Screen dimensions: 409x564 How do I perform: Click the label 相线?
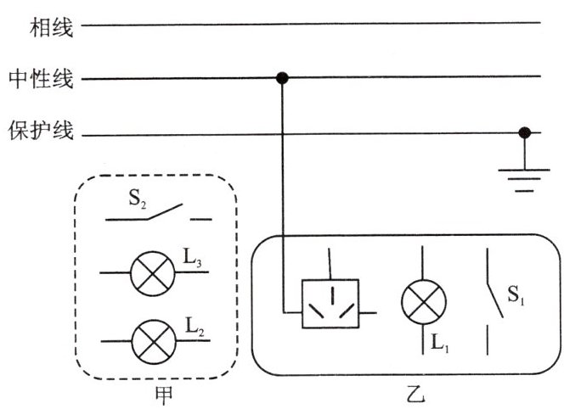coord(53,30)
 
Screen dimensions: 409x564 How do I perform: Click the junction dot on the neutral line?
coord(283,79)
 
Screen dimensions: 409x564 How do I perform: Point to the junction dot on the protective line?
coord(525,133)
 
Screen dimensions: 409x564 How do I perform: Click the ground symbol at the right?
coord(525,178)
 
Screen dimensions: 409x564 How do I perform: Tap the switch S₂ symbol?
coord(158,212)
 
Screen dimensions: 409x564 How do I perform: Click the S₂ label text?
coord(138,201)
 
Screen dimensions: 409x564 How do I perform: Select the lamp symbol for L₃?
coord(153,273)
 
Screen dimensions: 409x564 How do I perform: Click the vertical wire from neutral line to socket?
coord(283,187)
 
